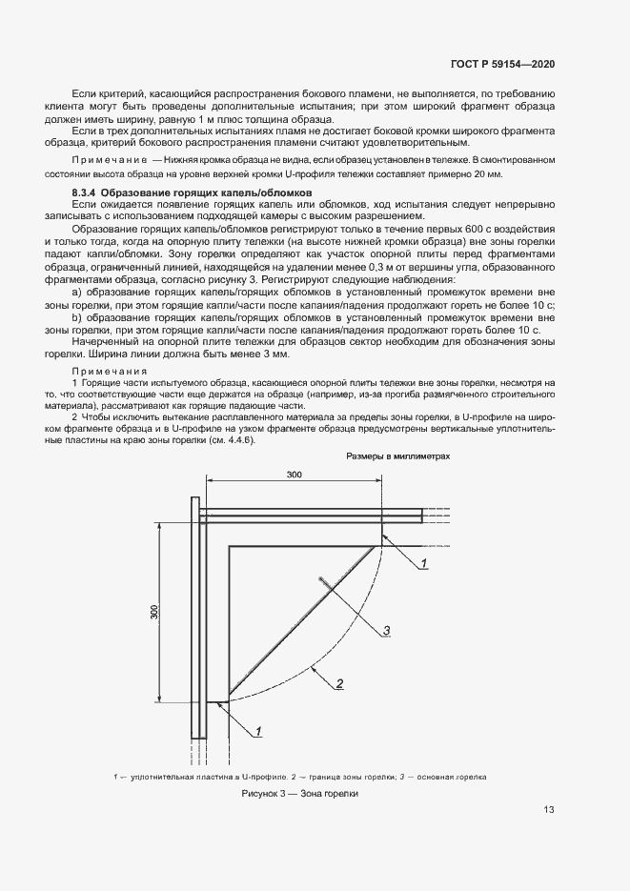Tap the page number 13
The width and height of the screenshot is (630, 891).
click(x=549, y=810)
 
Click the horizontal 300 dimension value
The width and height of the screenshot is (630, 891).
click(x=294, y=474)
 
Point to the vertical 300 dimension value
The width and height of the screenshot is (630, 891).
click(x=154, y=612)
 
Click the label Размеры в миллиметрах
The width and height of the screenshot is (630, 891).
click(x=396, y=456)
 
